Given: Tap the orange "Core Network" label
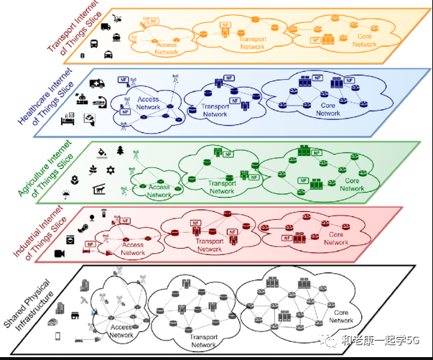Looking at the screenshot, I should coord(363,40).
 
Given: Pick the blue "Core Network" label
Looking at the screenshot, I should coord(327,109).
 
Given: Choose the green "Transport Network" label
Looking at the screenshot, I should coord(222,187).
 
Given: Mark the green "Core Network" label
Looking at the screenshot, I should coord(352,185).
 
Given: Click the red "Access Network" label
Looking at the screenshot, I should coord(133,249).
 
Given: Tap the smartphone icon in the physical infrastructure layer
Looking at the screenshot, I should coord(57,338).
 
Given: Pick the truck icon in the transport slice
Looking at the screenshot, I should coord(105,27).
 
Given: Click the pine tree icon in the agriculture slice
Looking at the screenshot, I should coord(121,150).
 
